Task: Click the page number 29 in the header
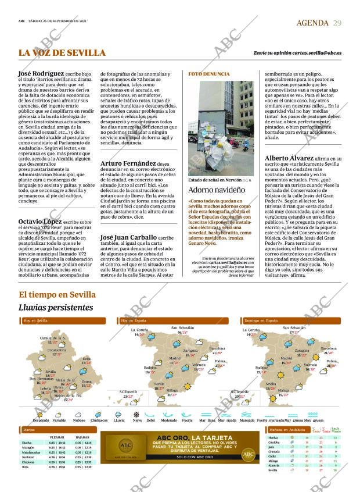(x=337, y=22)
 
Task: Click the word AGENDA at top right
(x=312, y=22)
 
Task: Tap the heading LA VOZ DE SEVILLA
(x=62, y=53)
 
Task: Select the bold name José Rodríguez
(x=42, y=74)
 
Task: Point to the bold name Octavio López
(x=39, y=221)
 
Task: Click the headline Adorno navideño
(x=215, y=190)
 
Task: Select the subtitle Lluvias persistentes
(x=56, y=307)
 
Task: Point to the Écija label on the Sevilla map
(x=87, y=359)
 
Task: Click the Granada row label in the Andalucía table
(x=275, y=451)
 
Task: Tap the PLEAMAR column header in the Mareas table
(x=57, y=437)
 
